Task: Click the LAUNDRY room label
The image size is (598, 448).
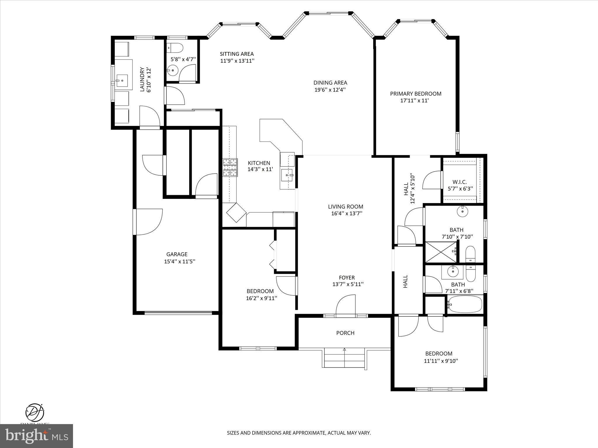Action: coord(142,80)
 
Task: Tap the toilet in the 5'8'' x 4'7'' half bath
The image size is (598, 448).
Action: coord(177,47)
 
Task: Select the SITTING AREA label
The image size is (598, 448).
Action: coord(237,54)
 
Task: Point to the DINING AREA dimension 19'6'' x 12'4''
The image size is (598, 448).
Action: coord(330,90)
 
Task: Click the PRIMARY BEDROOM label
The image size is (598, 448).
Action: coord(416,94)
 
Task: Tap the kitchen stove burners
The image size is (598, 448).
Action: coord(230,167)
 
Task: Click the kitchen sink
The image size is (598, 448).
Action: coord(287,175)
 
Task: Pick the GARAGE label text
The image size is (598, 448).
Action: coord(177,254)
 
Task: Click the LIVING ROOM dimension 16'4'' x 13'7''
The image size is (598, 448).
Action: coord(347,213)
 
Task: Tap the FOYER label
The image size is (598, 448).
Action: coord(347,278)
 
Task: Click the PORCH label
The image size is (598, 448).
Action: coord(345,333)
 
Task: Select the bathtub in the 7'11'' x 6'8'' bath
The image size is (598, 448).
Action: coord(465,304)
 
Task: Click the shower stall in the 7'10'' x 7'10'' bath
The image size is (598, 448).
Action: coord(441,252)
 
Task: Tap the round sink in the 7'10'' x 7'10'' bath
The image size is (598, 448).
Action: coord(463,211)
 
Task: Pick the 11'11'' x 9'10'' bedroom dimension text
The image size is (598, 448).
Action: coord(441,361)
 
